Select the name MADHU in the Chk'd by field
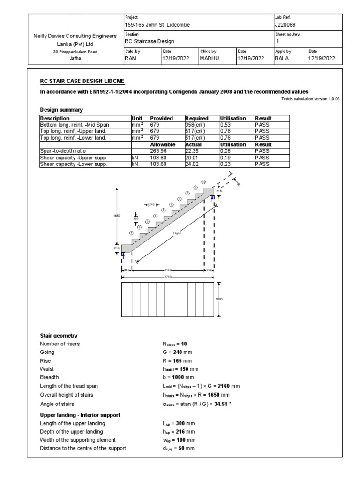[x=210, y=59]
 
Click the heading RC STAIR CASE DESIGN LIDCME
[x=82, y=81]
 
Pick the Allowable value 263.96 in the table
[x=159, y=151]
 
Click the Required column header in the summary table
[x=197, y=119]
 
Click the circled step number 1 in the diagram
[x=132, y=233]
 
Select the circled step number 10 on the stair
[x=203, y=181]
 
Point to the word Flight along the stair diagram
[x=177, y=232]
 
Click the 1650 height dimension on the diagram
[x=117, y=215]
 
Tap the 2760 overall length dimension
[x=168, y=277]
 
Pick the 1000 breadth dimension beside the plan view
[x=218, y=299]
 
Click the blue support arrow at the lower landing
[x=123, y=254]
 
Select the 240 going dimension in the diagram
[x=151, y=204]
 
